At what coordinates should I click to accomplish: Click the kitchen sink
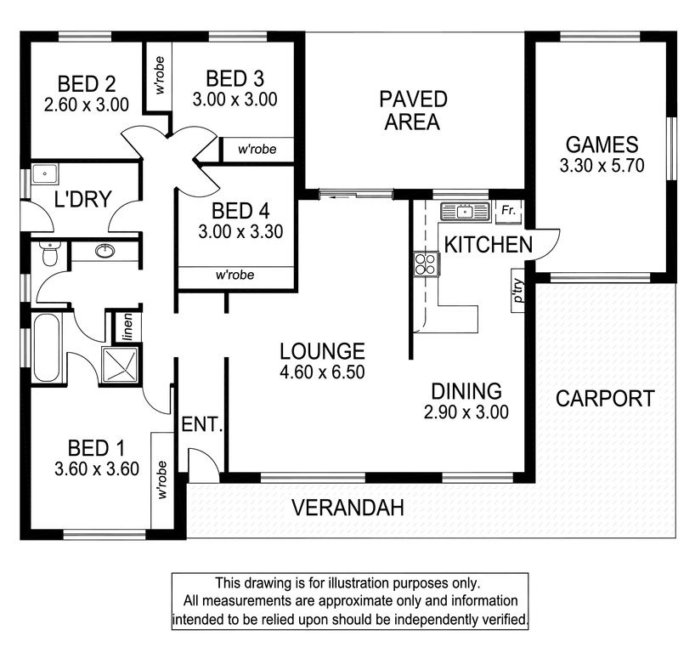(465, 212)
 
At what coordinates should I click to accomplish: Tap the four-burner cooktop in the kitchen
(426, 264)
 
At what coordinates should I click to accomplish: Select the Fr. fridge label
(508, 209)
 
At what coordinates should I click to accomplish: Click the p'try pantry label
(518, 290)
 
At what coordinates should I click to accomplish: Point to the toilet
(48, 253)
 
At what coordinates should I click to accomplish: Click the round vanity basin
(105, 251)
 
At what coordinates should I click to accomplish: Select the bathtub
(46, 348)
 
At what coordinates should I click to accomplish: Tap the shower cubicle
(120, 365)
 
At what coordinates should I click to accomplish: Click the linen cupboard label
(127, 327)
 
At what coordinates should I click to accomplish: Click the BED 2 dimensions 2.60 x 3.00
(87, 105)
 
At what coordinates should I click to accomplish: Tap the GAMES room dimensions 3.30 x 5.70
(602, 166)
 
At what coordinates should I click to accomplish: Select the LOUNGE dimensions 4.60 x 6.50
(322, 372)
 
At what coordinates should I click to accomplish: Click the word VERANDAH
(348, 508)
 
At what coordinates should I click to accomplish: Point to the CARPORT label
(605, 399)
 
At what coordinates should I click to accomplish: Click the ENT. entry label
(202, 424)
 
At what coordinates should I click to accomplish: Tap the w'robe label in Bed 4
(234, 275)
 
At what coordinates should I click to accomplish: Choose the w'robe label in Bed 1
(161, 480)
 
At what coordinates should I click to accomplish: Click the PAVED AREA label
(413, 111)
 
